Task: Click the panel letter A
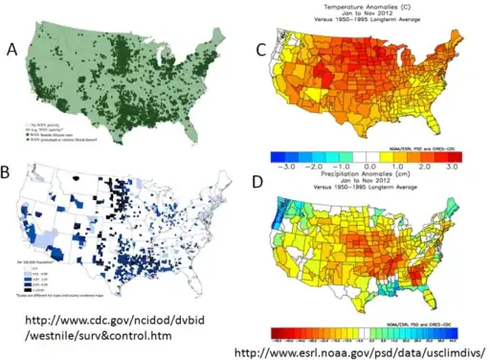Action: (x=13, y=49)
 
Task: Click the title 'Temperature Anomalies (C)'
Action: (x=367, y=6)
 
